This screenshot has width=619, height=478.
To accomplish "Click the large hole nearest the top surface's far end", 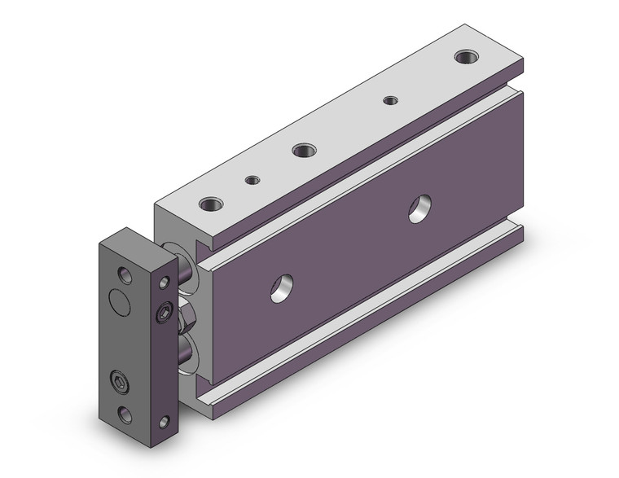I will (466, 57).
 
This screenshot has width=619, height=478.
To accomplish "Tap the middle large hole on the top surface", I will (303, 150).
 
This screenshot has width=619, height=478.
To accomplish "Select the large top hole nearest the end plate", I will (212, 204).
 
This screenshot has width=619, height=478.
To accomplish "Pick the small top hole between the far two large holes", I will (391, 100).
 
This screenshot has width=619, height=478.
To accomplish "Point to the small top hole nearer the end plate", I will (252, 180).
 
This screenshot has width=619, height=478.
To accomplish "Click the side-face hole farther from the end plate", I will (422, 209).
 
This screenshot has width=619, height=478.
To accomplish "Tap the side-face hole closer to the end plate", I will (283, 286).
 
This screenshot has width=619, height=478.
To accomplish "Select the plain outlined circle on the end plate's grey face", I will (119, 302).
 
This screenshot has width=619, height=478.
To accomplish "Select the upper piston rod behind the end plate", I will (186, 269).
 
